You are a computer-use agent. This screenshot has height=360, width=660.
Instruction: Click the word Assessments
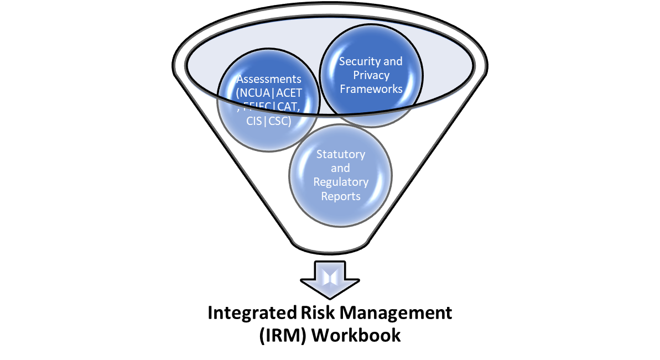[x=269, y=80]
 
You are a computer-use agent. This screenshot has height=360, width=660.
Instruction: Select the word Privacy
[x=371, y=75]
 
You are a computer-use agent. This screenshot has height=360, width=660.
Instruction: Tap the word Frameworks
[x=371, y=89]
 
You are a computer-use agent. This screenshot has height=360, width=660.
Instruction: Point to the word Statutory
[x=340, y=154]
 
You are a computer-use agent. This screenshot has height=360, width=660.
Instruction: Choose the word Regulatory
[x=340, y=182]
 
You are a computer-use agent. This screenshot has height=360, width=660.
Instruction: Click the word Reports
[x=340, y=196]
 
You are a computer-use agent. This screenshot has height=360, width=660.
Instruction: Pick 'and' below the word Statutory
[x=340, y=168]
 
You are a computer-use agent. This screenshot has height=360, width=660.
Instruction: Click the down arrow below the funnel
[x=330, y=279]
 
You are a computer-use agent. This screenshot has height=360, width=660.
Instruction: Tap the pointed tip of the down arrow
[x=330, y=296]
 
